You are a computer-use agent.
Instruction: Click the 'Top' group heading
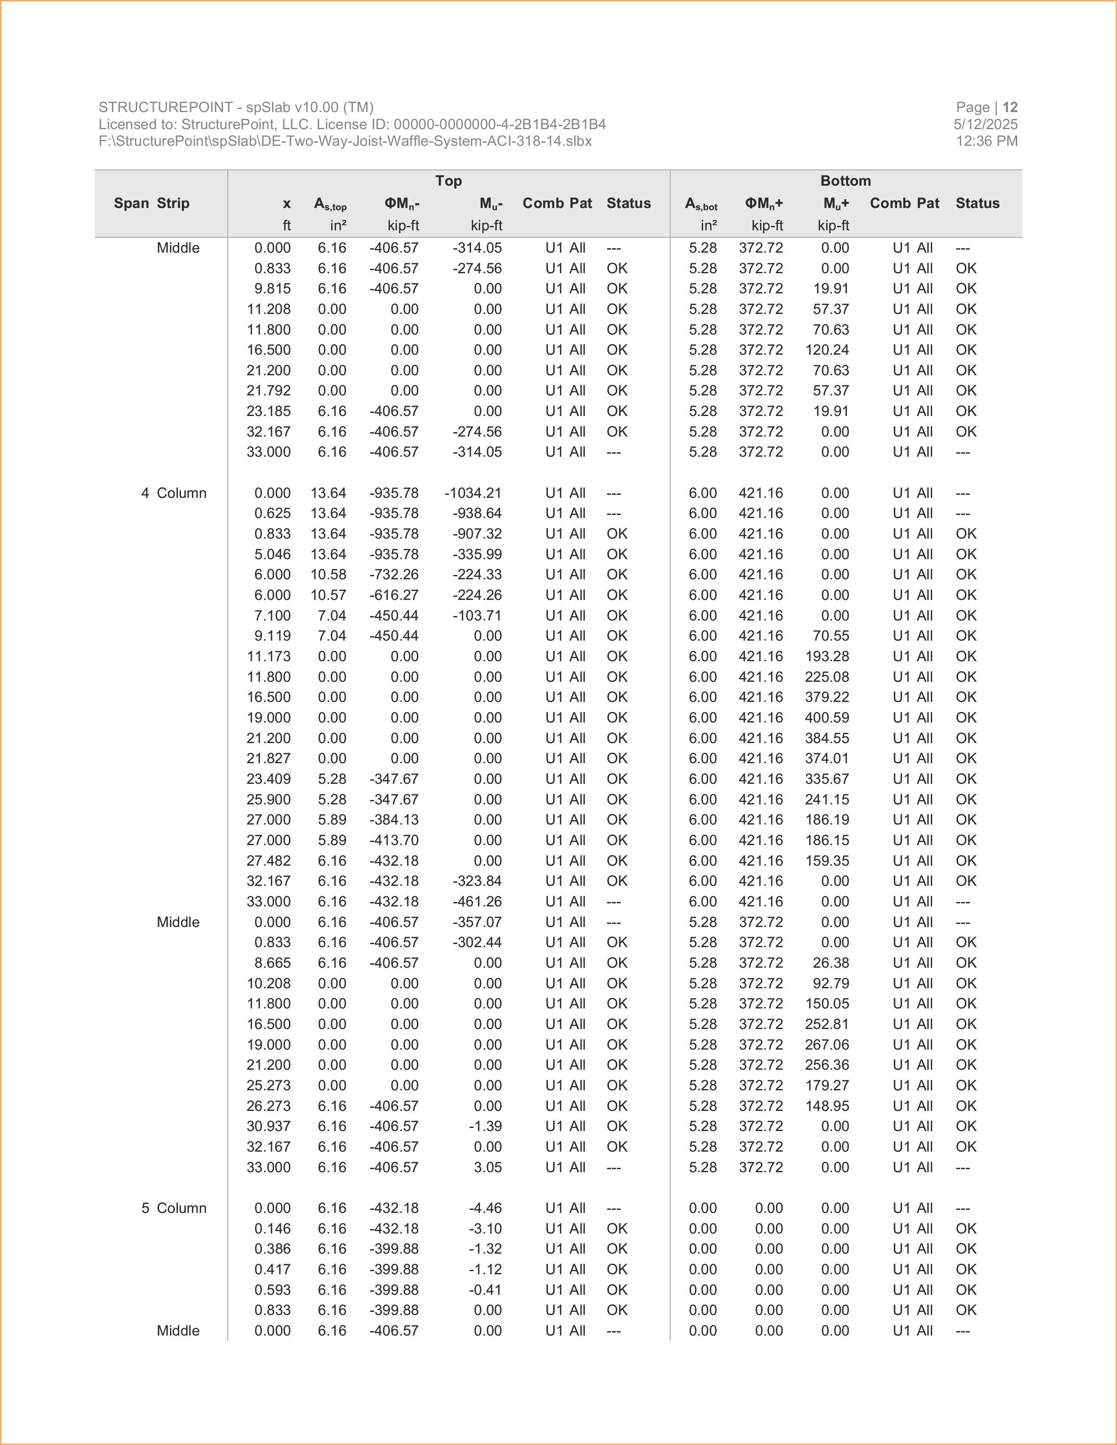coord(448,180)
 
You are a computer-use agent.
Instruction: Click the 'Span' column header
coord(131,203)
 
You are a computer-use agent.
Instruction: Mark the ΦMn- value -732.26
coord(394,574)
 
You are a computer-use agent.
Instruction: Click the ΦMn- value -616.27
coord(394,595)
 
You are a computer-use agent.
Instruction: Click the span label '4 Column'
coord(173,493)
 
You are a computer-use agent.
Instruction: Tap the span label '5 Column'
coord(173,1208)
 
